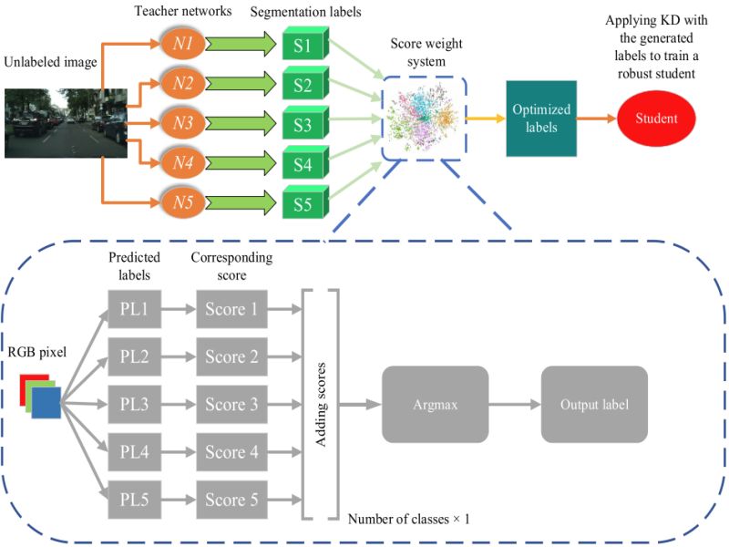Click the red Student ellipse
655,119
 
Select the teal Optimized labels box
541,118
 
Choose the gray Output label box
593,405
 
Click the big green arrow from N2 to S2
240,84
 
